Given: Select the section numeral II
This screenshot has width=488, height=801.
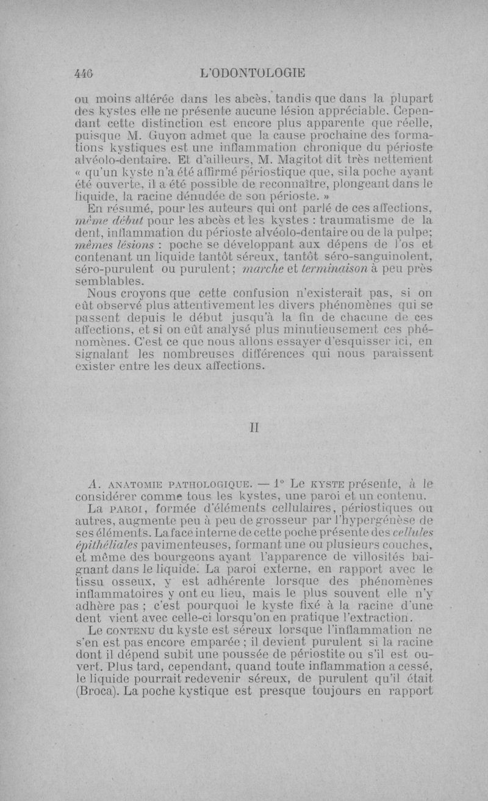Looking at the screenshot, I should coord(257,428).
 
